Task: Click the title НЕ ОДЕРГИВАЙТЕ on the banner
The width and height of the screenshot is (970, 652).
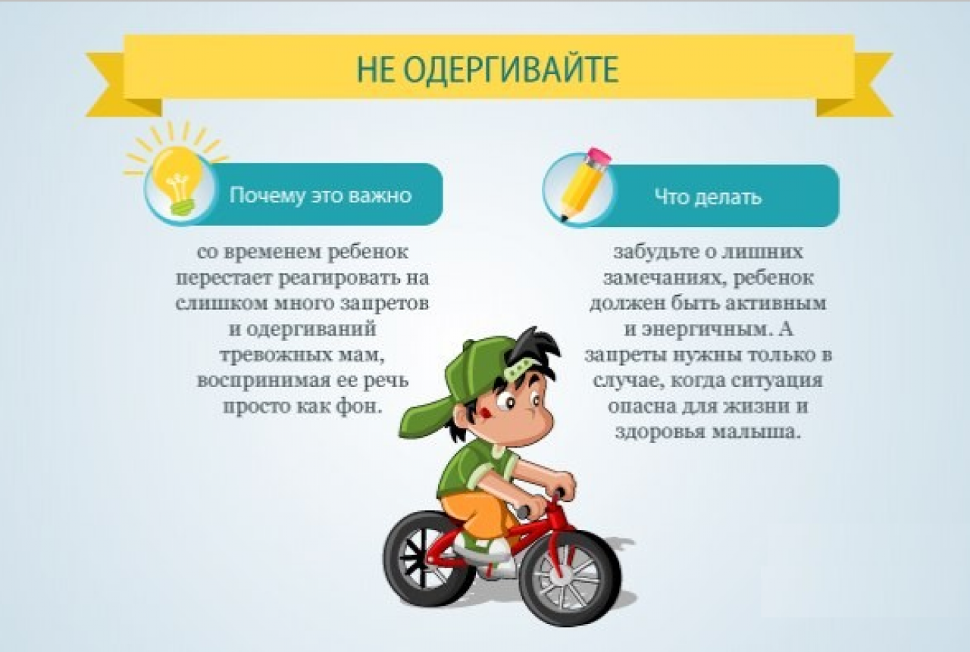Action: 488,69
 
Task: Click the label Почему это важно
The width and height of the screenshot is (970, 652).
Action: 321,195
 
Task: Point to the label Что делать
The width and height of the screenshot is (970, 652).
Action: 708,197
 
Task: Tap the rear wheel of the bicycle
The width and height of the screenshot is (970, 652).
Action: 429,558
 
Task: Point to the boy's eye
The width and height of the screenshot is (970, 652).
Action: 506,403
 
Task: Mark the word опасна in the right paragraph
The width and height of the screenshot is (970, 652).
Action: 639,407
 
